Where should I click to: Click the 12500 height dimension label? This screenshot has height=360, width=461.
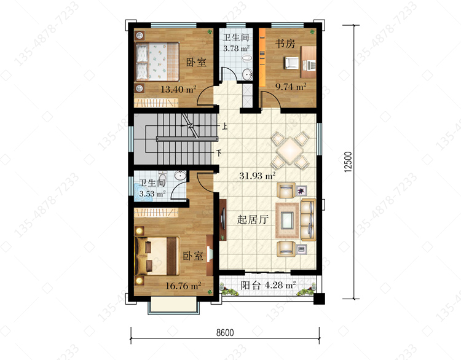(348, 162)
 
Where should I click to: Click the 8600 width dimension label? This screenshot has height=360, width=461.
(225, 333)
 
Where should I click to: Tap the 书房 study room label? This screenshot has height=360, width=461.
(285, 44)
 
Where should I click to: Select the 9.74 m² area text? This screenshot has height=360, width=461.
(291, 87)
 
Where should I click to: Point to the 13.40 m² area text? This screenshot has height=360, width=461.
(178, 89)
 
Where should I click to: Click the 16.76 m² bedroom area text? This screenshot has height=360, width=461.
(183, 285)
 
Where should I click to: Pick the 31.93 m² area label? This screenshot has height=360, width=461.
(258, 176)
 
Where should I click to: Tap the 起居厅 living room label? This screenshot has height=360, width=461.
(253, 219)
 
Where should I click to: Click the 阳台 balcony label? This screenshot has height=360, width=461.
(251, 285)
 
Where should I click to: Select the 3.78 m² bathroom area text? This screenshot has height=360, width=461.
(236, 48)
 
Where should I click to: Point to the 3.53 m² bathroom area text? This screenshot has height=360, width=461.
(152, 194)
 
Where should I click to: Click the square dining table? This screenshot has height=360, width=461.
(290, 150)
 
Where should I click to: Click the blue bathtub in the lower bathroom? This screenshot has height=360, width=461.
(144, 193)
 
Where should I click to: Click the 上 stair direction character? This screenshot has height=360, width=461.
(224, 127)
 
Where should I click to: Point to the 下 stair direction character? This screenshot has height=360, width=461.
(218, 153)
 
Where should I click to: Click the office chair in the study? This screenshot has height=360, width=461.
(291, 63)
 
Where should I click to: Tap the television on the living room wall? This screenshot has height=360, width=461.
(224, 219)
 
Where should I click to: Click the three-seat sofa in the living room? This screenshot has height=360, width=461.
(309, 220)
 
